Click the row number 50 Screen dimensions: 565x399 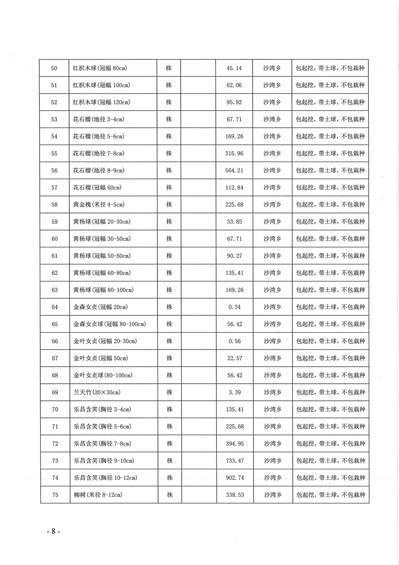coord(54,68)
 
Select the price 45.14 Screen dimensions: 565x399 coord(234,68)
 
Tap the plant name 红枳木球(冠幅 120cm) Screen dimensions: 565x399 coord(102,102)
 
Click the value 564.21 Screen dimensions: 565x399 coord(234,170)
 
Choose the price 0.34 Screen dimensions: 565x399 coord(234,307)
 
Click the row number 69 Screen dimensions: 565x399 coord(54,392)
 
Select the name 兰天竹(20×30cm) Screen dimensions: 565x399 coord(96,392)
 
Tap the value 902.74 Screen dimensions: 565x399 coord(234,477)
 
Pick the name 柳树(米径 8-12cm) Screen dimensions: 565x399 coord(97,495)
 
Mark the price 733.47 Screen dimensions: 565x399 coord(234,460)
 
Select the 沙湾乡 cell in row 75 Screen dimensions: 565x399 coord(272,495)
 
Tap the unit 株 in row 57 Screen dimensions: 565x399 coord(169,187)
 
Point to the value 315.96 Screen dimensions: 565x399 coord(234,153)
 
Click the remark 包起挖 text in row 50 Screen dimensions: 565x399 coord(305,68)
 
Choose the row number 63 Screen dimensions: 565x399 coord(54,290)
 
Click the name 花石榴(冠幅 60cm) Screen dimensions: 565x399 coord(99,187)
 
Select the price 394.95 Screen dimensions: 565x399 coord(234,443)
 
